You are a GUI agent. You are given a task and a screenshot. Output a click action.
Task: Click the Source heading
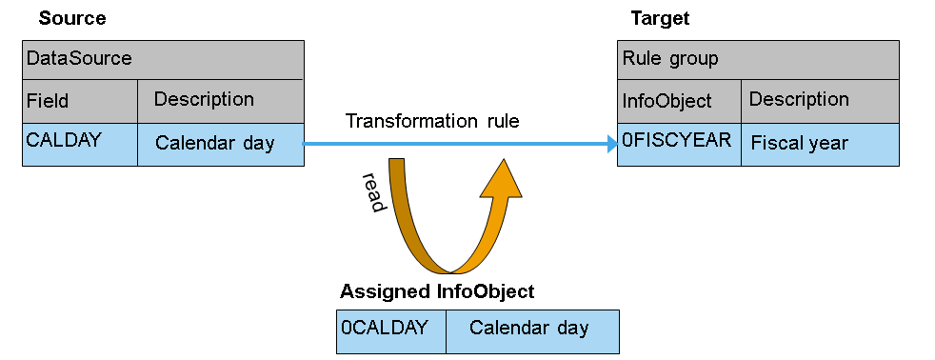click(x=72, y=18)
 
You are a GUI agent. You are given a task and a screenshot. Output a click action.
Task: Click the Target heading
click(x=660, y=18)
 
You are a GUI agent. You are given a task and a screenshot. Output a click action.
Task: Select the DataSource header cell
click(x=163, y=60)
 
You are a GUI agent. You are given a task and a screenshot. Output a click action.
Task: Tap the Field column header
click(x=80, y=101)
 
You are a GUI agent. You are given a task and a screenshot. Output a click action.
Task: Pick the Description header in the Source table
click(x=221, y=101)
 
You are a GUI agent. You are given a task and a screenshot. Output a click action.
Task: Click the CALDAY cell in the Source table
click(x=80, y=145)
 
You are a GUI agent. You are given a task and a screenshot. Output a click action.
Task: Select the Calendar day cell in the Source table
click(x=221, y=145)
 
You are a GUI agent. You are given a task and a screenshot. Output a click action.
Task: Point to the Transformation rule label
click(x=432, y=121)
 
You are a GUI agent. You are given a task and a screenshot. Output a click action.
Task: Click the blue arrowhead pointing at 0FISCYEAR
click(x=612, y=144)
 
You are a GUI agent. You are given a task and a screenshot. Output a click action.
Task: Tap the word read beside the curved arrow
click(x=373, y=192)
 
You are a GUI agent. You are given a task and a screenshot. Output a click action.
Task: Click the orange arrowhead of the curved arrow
click(x=501, y=178)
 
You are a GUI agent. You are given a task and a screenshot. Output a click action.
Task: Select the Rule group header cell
click(x=758, y=60)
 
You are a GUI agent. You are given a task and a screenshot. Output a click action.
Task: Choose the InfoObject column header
click(x=679, y=101)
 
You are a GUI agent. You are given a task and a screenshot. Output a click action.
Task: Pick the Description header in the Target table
click(x=820, y=101)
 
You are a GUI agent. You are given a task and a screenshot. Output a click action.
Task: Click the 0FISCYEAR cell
click(x=679, y=145)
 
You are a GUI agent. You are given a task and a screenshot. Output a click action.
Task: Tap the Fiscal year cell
click(x=820, y=145)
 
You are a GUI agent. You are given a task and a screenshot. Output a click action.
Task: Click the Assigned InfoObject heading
click(x=437, y=292)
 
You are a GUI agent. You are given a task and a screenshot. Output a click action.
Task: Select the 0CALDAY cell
click(x=391, y=331)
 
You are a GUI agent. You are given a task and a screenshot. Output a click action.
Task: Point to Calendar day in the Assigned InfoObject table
click(x=532, y=331)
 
